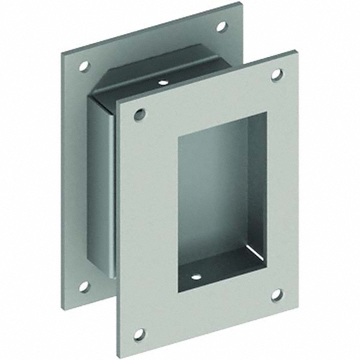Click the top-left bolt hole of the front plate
[140, 114]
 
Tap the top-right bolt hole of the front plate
[277, 75]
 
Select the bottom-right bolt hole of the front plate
[277, 295]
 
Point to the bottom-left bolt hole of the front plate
[140, 334]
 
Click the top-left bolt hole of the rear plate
[83, 66]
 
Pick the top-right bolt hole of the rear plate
[221, 27]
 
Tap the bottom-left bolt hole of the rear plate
[84, 286]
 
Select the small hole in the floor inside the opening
[196, 278]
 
